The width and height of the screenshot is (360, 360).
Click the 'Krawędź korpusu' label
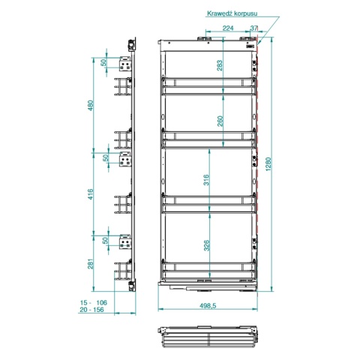click(x=232, y=13)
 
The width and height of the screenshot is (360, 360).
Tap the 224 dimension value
click(x=228, y=28)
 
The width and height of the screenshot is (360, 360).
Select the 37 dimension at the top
click(x=253, y=28)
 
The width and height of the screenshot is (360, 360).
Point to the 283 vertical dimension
click(x=220, y=65)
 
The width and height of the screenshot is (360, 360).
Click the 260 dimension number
click(x=220, y=121)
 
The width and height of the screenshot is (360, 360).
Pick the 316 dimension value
click(x=206, y=180)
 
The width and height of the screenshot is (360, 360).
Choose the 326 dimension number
click(x=206, y=245)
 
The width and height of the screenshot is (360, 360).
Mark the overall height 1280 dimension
click(x=268, y=164)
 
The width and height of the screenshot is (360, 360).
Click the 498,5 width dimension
click(x=208, y=305)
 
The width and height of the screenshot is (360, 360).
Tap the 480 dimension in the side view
click(x=91, y=105)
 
